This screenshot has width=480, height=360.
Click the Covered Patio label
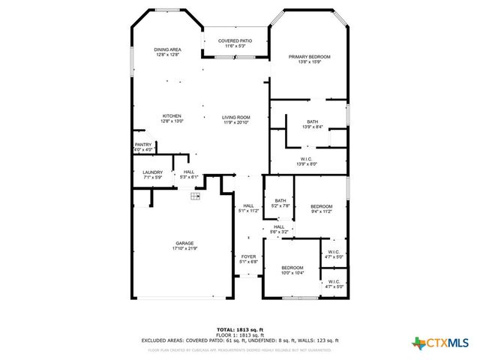(235, 40)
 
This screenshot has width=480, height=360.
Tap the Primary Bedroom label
(310, 57)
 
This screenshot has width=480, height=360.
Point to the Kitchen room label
(172, 116)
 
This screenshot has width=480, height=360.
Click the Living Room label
(235, 118)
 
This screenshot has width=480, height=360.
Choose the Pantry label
(143, 145)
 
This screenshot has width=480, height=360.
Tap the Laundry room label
(152, 172)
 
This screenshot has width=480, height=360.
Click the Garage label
(184, 243)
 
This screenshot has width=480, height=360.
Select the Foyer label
(248, 256)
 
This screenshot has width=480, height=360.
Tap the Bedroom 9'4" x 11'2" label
(321, 206)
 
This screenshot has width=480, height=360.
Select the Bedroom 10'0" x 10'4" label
(292, 268)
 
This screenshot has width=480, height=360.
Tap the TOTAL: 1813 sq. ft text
(240, 329)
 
